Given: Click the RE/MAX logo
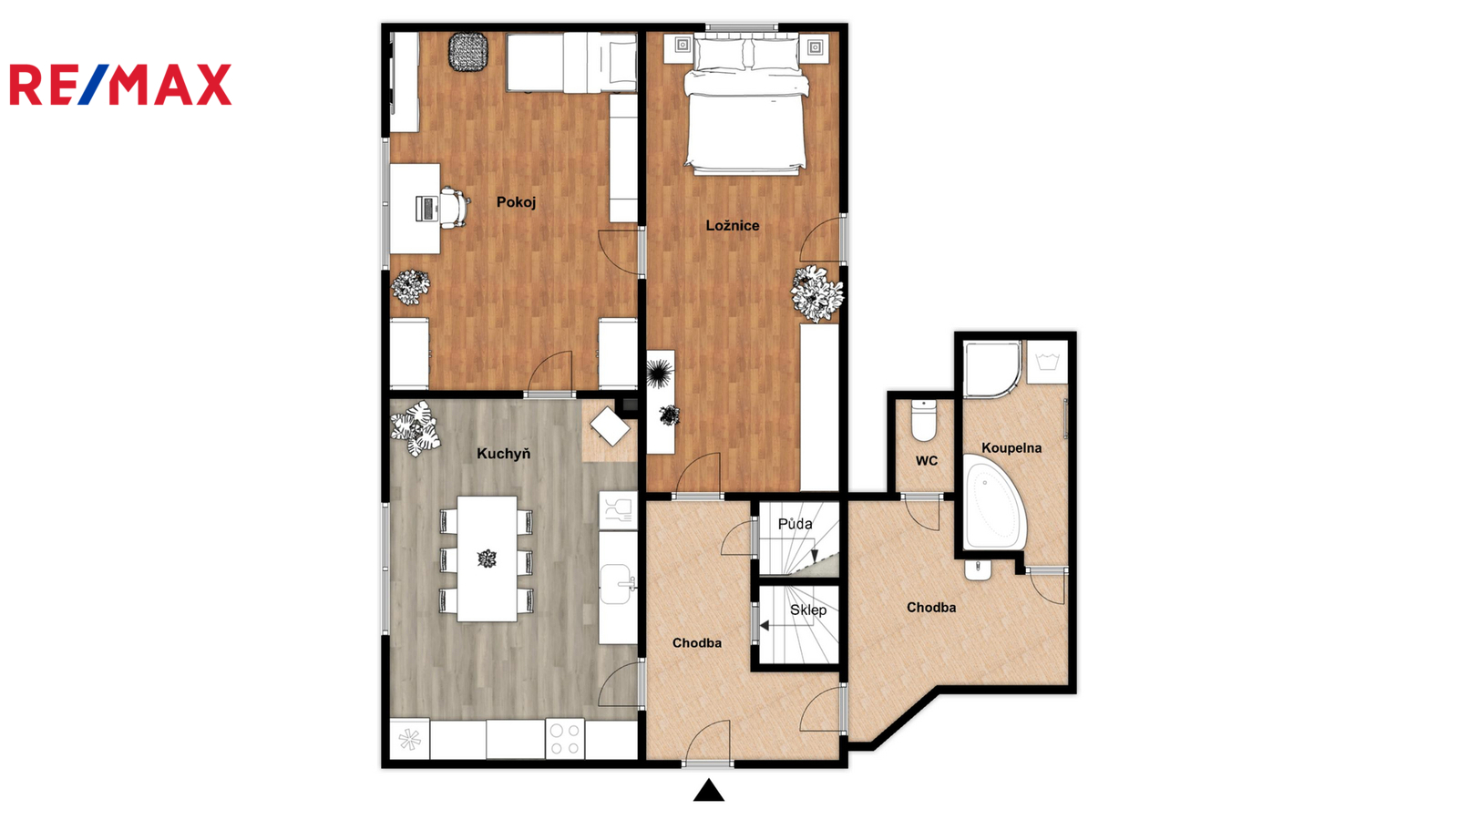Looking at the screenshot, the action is click(x=120, y=85).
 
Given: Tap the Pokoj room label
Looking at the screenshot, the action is click(x=516, y=202).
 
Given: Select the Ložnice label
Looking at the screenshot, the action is click(x=733, y=226).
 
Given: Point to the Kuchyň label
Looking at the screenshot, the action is click(x=503, y=454).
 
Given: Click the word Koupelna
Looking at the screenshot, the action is click(x=1011, y=447).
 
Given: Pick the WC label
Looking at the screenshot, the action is click(x=926, y=461).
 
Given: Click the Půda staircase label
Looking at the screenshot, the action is click(x=795, y=524).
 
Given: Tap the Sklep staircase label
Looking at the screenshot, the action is click(x=807, y=610).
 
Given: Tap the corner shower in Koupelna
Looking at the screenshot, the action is click(x=991, y=369).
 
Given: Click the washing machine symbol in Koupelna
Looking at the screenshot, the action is click(x=1047, y=362).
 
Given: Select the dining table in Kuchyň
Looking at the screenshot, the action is click(x=487, y=559).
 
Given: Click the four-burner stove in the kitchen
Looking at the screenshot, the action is click(x=564, y=739).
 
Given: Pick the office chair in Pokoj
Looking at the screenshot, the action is click(x=455, y=207).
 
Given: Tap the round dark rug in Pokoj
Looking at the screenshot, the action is click(x=468, y=52).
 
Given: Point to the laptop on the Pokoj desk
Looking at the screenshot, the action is click(x=427, y=209).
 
